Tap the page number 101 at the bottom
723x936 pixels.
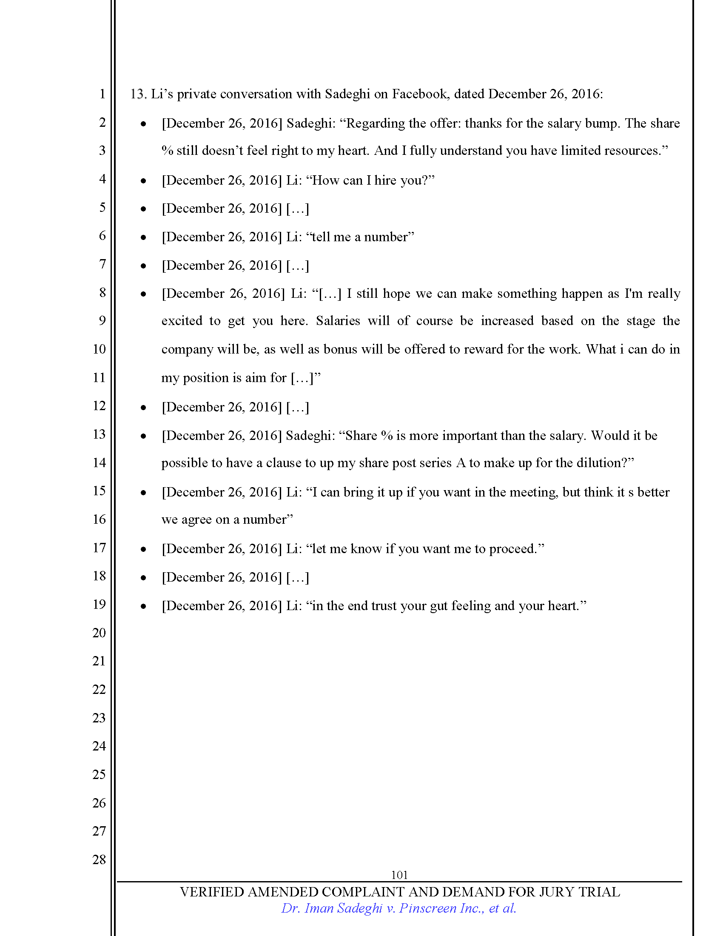coord(399,875)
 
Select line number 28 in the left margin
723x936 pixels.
coord(99,859)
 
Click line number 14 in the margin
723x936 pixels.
coord(99,462)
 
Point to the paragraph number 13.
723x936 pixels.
coord(138,94)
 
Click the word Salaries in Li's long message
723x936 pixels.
coord(338,320)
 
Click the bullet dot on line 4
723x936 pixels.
coord(143,181)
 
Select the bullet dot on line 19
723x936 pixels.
coord(143,606)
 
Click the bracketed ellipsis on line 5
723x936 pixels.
coord(297,209)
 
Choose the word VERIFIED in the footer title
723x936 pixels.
coord(212,892)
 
